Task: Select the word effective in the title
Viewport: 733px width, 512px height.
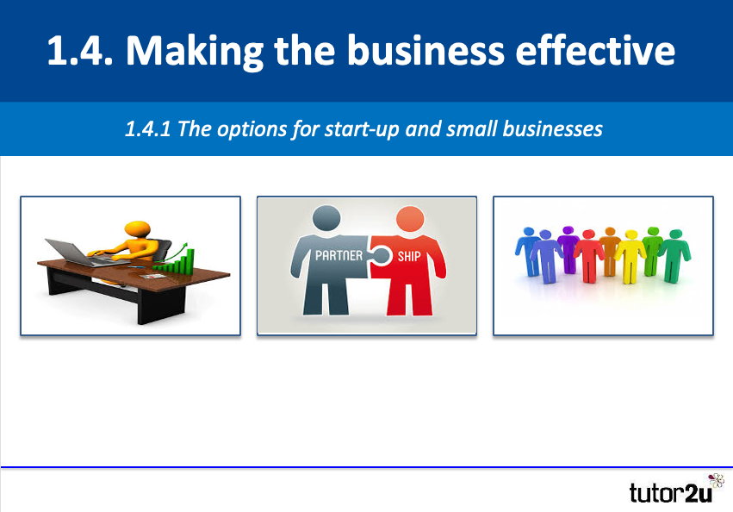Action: [x=601, y=52]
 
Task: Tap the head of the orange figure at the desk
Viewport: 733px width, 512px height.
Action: [x=139, y=230]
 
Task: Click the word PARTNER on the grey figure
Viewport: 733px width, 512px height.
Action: [x=339, y=256]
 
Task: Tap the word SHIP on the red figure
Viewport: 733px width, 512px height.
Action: [x=408, y=256]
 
